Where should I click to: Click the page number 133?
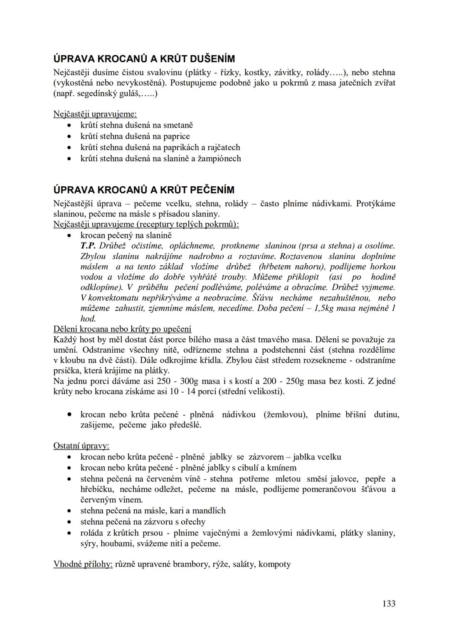[389, 603]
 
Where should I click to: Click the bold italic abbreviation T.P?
[88, 246]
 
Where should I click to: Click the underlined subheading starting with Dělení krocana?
[122, 329]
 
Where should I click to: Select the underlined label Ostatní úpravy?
[81, 446]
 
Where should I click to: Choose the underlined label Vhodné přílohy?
[83, 564]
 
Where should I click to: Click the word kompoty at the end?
[274, 564]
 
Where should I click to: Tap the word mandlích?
[210, 511]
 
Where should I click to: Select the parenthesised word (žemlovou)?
[286, 415]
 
